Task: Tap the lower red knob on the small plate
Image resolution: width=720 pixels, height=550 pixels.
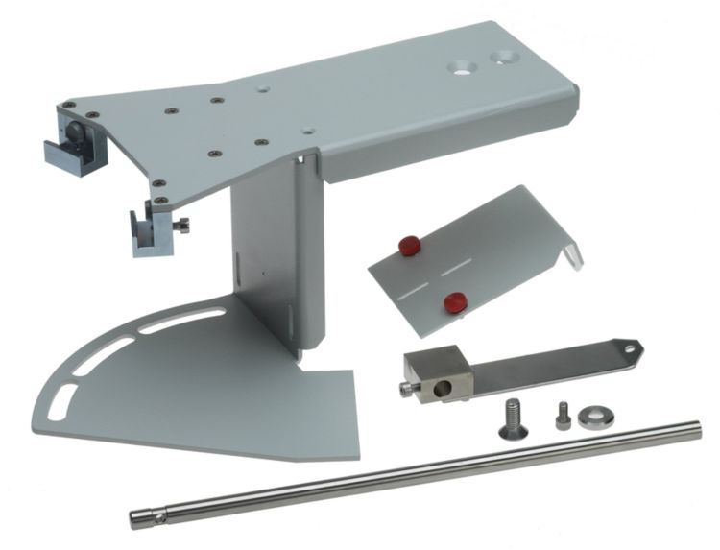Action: coord(450,302)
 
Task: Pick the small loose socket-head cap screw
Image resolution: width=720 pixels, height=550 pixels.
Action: coord(561,415)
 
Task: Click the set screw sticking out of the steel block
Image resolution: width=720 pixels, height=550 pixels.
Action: coord(404,388)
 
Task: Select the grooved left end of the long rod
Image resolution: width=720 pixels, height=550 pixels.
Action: coord(139,519)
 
